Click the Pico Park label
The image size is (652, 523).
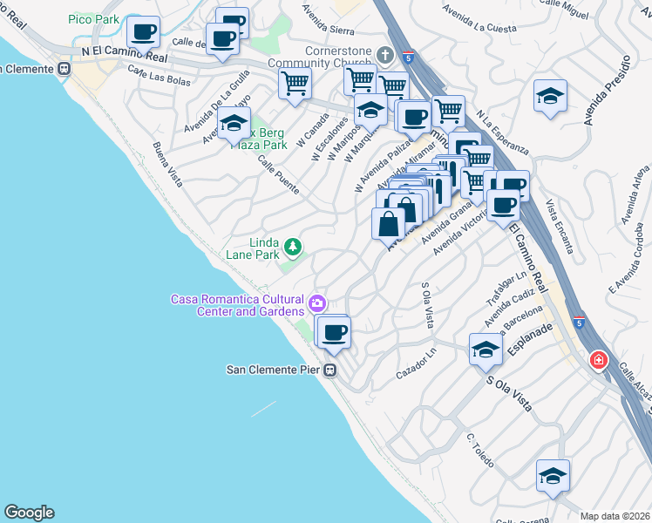[x=93, y=18]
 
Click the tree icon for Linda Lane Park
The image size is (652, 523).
[x=294, y=247]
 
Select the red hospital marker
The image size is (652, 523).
[x=598, y=359]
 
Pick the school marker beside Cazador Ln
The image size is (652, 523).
[x=486, y=350]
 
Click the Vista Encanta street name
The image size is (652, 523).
[x=560, y=226]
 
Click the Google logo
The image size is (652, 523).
[x=29, y=513]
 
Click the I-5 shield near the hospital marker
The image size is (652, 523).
[x=579, y=323]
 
